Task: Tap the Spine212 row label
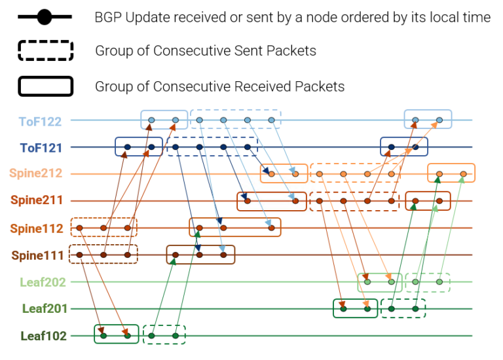point(37,174)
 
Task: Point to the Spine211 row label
point(37,201)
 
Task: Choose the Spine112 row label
point(37,228)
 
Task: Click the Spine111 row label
point(37,255)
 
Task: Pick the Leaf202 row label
point(43,282)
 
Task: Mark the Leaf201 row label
point(44,309)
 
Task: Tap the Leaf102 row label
point(43,336)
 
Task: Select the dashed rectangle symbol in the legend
point(45,51)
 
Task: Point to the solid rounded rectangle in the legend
point(45,86)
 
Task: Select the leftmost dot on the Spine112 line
point(79,228)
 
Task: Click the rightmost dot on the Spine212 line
point(463,174)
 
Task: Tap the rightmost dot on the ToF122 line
point(439,120)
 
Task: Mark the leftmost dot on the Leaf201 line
point(343,308)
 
